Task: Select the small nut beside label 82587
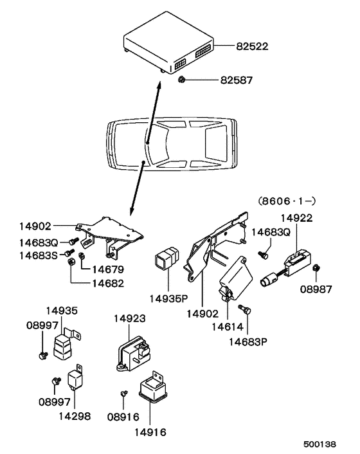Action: click(182, 80)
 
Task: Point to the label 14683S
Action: click(37, 255)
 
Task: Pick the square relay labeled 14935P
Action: click(164, 263)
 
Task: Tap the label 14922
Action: click(295, 218)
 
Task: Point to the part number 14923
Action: click(130, 318)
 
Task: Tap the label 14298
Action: click(73, 417)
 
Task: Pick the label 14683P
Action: click(248, 342)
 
